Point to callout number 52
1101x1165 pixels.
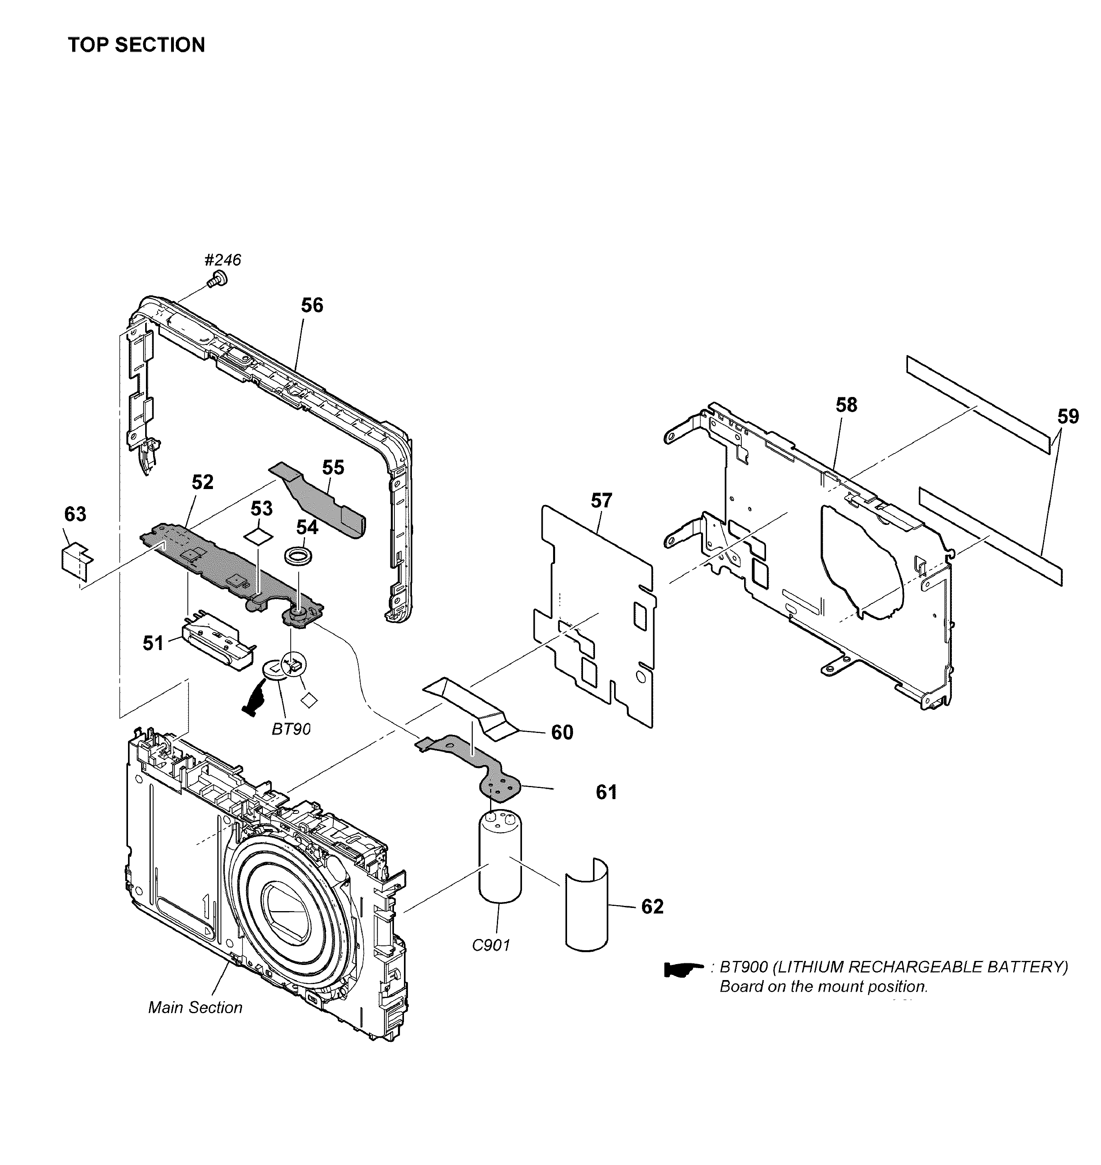[203, 482]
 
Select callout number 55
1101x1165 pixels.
[333, 468]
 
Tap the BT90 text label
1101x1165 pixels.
[291, 729]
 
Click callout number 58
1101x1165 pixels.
[846, 405]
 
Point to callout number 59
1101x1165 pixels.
[1068, 416]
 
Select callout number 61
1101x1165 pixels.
[606, 792]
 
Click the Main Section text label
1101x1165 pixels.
[195, 1007]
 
